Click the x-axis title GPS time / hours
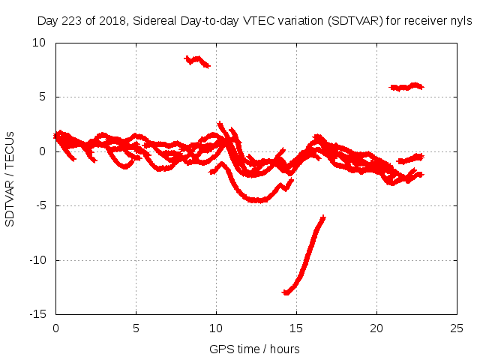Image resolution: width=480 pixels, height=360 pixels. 254,349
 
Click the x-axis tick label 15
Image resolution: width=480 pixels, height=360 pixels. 296,328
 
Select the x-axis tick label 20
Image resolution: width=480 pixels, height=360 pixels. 376,328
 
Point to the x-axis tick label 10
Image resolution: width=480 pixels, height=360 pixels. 216,328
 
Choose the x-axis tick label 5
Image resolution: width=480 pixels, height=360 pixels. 136,328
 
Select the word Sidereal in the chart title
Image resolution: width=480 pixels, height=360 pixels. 160,22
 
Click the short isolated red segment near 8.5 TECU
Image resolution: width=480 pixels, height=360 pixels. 197,60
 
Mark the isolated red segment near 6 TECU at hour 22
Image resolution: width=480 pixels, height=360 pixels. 407,87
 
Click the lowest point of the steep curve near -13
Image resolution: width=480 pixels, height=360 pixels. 286,292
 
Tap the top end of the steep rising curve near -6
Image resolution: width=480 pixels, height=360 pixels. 323,217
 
